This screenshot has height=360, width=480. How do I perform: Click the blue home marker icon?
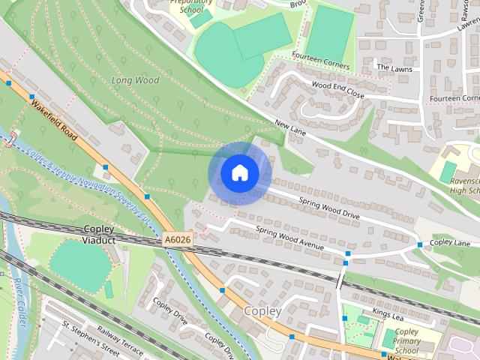point(239,173)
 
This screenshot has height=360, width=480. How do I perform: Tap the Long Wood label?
point(135,80)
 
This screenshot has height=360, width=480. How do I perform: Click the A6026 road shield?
point(177,240)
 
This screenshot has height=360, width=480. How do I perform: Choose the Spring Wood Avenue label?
point(289,237)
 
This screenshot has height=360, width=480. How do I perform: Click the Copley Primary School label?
point(406,341)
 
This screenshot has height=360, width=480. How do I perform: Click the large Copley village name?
point(262,310)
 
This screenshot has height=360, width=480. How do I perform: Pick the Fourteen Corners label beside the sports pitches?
point(320,66)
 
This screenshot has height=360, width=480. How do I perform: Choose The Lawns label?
point(394,67)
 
